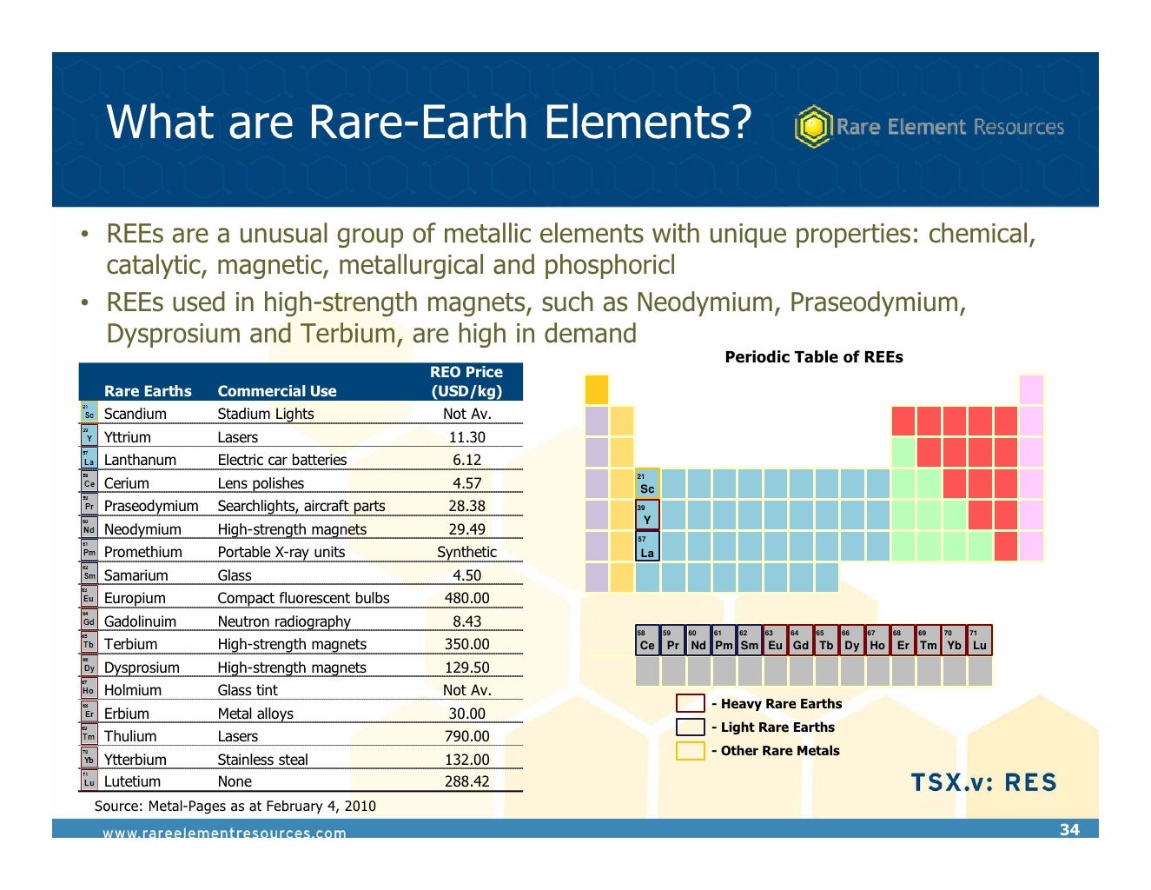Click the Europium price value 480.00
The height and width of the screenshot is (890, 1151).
(x=466, y=598)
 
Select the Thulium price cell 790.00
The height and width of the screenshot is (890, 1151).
(x=466, y=736)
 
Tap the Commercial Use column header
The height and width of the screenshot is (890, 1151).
(x=276, y=391)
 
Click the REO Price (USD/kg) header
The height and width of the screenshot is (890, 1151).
(x=466, y=382)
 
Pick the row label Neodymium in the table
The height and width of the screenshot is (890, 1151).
(x=142, y=529)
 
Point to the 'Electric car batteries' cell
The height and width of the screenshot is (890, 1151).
(x=281, y=460)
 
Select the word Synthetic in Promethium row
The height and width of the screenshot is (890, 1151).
(x=466, y=552)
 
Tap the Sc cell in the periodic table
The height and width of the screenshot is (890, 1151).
(x=647, y=484)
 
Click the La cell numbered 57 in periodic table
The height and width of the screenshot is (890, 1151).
(x=647, y=548)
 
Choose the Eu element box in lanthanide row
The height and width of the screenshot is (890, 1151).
(x=775, y=641)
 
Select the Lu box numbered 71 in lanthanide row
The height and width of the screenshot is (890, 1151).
(x=979, y=641)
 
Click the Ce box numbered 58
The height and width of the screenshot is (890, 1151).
(x=647, y=641)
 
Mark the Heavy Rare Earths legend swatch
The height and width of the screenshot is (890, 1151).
(x=690, y=704)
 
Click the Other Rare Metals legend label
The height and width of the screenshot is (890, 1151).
(x=779, y=751)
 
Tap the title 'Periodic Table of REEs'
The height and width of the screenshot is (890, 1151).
(x=814, y=357)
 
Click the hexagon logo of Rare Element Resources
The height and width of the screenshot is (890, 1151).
(x=813, y=127)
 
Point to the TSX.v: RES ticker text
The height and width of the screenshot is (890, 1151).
(x=983, y=782)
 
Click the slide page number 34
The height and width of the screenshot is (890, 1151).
(x=1069, y=829)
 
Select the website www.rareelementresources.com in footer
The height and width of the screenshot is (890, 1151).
(x=224, y=833)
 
